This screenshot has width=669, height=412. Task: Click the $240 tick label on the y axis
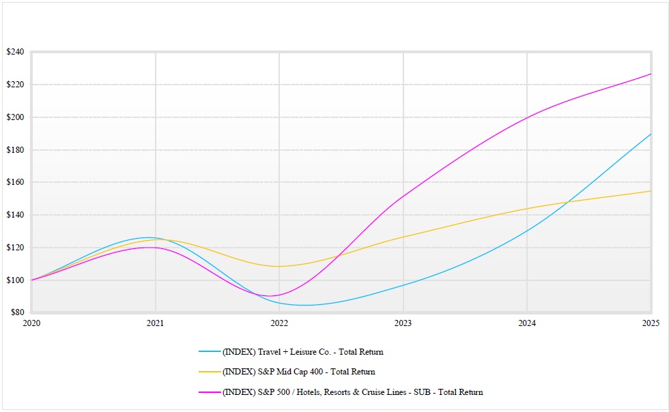(x=15, y=52)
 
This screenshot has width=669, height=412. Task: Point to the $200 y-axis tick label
(x=15, y=117)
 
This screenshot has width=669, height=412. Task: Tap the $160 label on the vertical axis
(x=15, y=182)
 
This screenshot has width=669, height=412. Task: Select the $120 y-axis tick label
(x=15, y=248)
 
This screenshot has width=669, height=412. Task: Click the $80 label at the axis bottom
(x=17, y=312)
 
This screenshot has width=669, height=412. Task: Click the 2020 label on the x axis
(x=31, y=323)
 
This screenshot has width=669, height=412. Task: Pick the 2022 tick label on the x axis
(x=279, y=323)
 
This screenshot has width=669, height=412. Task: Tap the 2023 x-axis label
(x=403, y=323)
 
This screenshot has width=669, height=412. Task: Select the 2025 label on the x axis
(x=651, y=323)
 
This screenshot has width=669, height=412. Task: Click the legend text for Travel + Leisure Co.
(x=302, y=352)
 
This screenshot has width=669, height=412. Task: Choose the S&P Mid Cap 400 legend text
(x=298, y=372)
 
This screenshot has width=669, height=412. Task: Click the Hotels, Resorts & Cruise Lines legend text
(x=352, y=392)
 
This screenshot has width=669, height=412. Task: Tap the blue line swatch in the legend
(x=210, y=352)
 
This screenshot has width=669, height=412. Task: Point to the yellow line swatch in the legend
(x=210, y=372)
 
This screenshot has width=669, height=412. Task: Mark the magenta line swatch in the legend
(x=210, y=392)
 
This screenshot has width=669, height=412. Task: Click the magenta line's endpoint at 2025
(x=651, y=74)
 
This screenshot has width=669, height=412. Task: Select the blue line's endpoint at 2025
(x=651, y=134)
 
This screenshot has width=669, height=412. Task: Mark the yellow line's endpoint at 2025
(x=651, y=191)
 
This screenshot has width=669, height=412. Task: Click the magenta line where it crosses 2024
(x=527, y=118)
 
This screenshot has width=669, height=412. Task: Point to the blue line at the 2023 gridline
(x=403, y=285)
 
